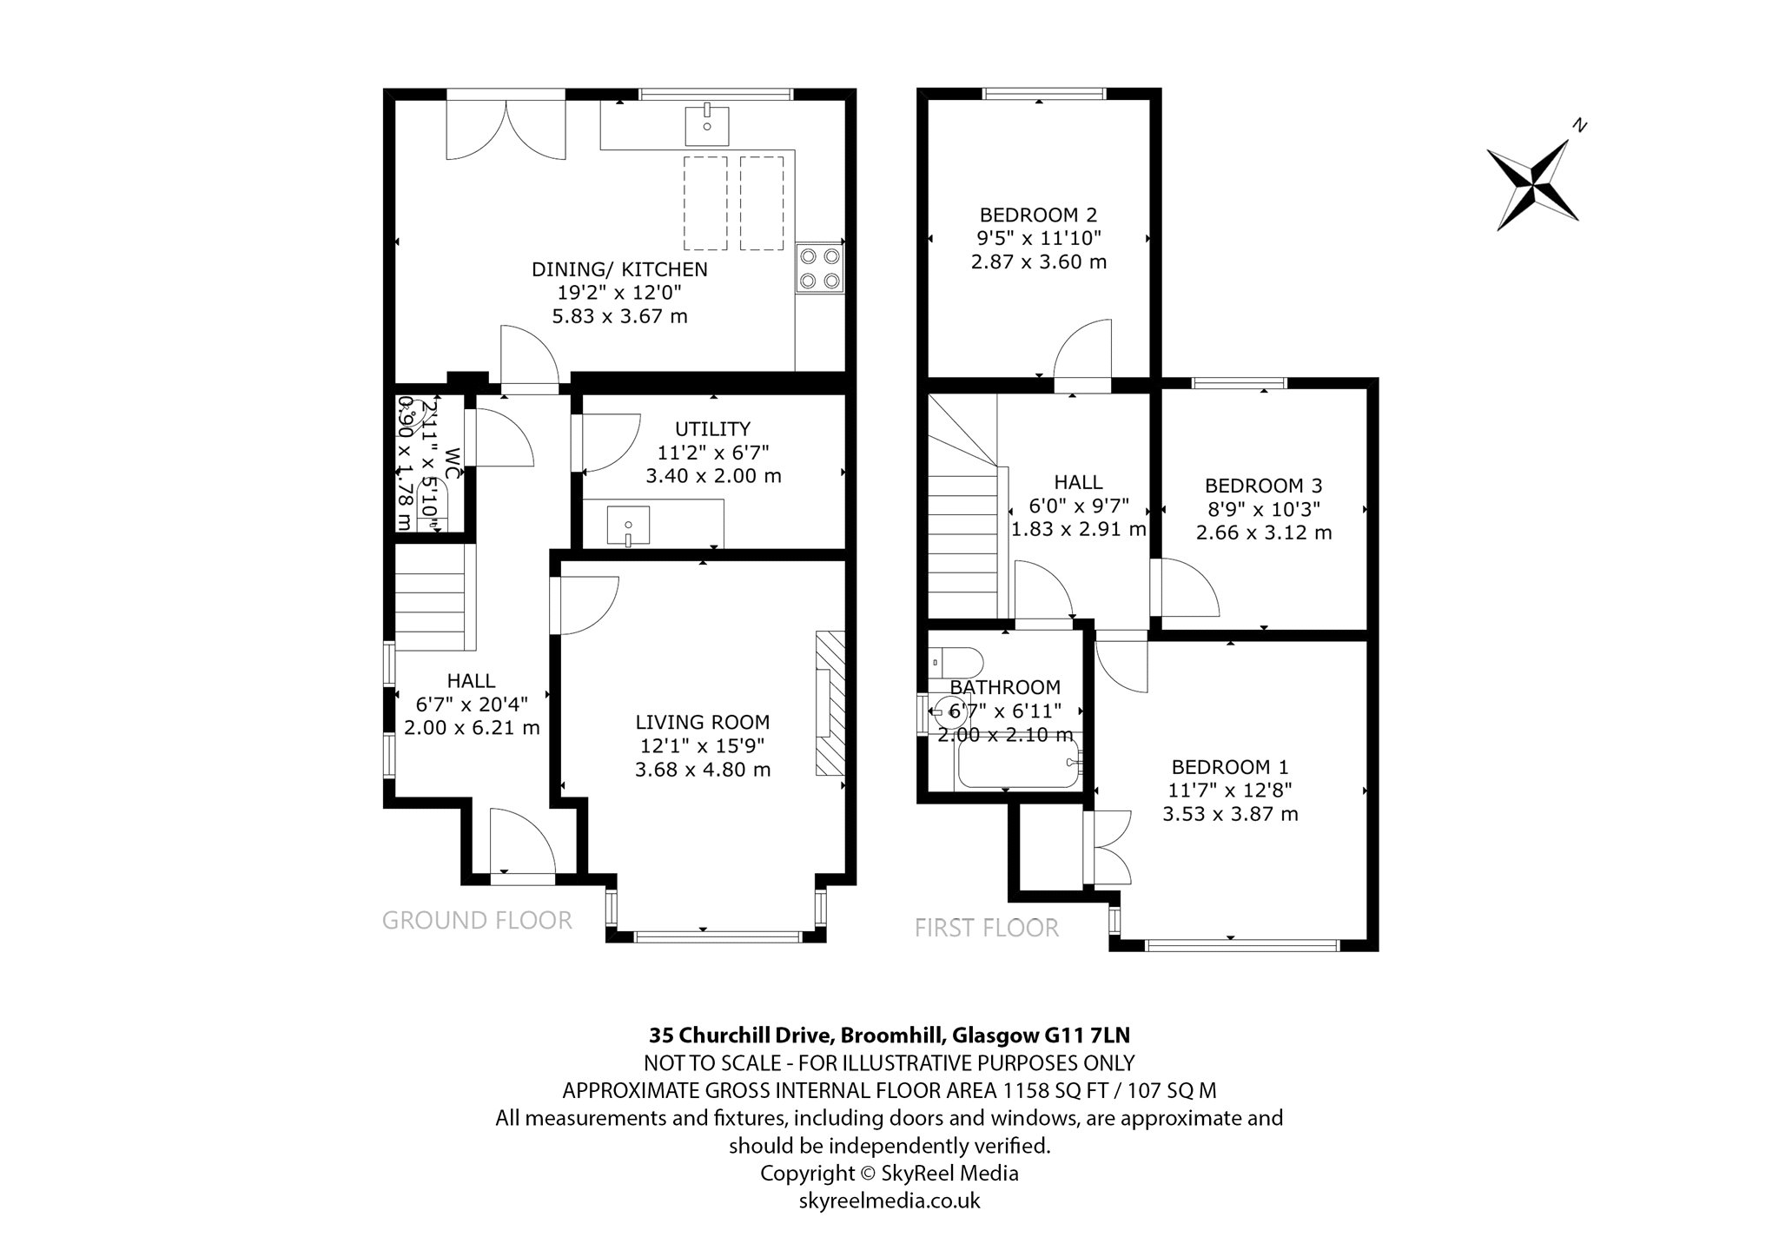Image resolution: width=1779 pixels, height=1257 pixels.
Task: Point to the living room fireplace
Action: coord(830,703)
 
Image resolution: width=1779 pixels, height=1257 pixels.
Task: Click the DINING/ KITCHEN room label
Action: coord(619,269)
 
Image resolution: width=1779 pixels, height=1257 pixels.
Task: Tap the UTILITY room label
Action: coord(713,429)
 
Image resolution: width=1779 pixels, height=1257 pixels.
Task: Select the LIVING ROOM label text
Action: coord(703,722)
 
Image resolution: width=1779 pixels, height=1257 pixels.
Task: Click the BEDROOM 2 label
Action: coord(1038,215)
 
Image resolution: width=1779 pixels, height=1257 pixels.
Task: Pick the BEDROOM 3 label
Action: coord(1264,486)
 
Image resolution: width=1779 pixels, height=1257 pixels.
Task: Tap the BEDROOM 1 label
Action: coord(1230,767)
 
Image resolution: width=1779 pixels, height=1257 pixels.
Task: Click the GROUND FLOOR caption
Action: coord(477,920)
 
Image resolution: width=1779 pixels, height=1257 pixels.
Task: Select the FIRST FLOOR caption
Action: coord(987,929)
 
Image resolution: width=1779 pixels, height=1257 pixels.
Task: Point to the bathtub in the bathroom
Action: coord(1016,763)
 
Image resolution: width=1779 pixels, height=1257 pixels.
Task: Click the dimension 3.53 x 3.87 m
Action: coord(1230,814)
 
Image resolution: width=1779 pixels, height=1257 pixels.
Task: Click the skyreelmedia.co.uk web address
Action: coord(889,1201)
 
